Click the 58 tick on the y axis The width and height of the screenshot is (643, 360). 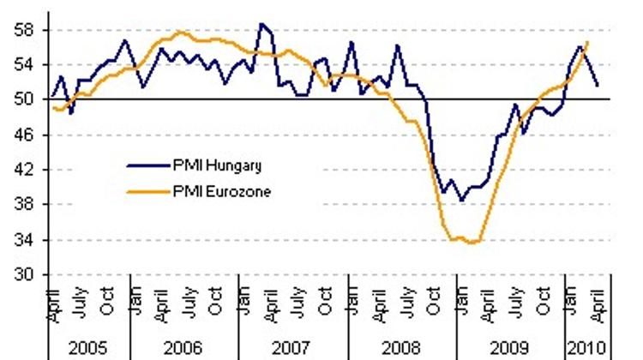27,29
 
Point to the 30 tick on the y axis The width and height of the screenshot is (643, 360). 27,275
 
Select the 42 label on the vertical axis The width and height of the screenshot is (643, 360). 27,170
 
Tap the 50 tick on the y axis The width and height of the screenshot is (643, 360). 27,99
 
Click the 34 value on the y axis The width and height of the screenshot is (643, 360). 27,240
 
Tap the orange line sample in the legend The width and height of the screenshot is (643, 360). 143,192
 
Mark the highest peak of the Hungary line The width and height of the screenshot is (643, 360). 261,24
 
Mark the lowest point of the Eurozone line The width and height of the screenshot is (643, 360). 471,243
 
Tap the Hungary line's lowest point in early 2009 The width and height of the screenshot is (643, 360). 461,201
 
